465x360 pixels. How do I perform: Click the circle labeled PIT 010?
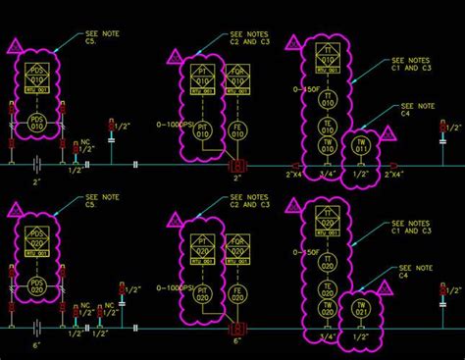[204, 129]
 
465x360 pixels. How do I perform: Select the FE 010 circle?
[235, 129]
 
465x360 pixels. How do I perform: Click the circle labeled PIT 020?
[204, 292]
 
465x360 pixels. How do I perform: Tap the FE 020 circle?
[235, 292]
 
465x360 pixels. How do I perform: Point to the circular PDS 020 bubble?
[36, 290]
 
